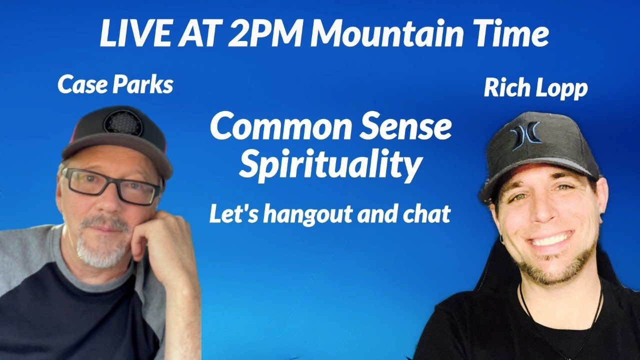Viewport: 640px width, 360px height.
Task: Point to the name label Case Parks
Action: (x=115, y=85)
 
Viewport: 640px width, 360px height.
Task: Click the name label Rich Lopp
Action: (x=535, y=88)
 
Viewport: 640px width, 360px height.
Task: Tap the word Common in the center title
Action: (x=279, y=127)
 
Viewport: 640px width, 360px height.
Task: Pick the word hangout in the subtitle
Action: (x=310, y=214)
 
